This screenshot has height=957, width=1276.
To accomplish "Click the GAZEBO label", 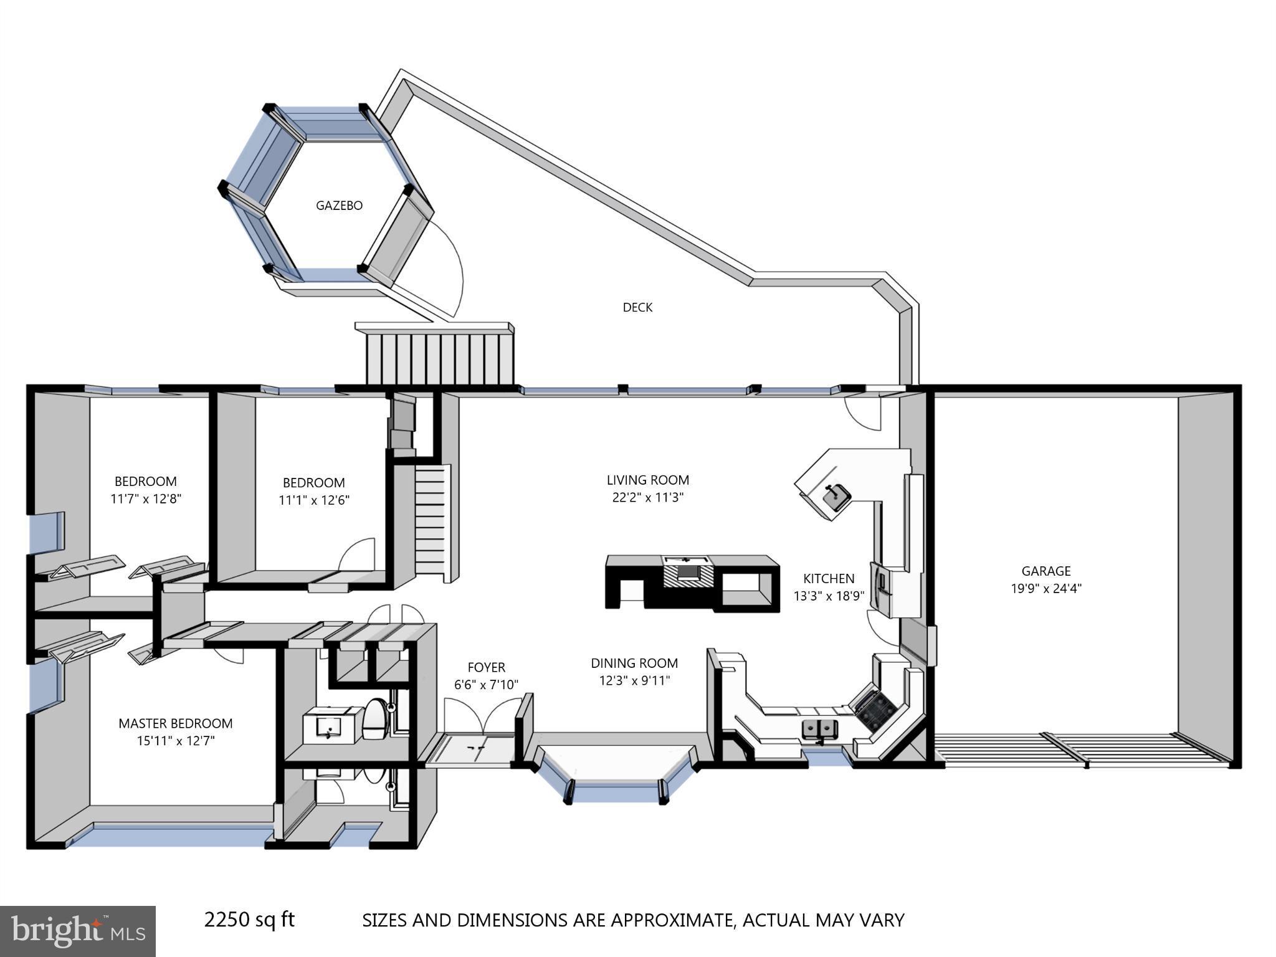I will tap(339, 206).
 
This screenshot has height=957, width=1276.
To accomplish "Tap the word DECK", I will tap(637, 307).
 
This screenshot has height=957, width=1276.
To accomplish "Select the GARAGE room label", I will tap(1045, 571).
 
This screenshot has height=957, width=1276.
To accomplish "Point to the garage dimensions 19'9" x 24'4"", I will tap(1045, 588).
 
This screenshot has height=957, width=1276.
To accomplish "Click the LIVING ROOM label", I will tap(648, 480).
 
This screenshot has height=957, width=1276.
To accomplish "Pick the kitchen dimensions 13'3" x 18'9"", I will tap(829, 596).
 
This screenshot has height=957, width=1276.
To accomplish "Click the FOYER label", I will tap(486, 667).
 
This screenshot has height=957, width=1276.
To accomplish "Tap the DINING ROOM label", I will tap(634, 663).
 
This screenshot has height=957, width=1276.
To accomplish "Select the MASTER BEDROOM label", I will tap(176, 723).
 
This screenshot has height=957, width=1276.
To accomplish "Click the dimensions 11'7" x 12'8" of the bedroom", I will tap(146, 499).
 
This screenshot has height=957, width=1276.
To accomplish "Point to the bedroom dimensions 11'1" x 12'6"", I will tap(314, 500).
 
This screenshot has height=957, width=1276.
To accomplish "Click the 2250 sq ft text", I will tap(249, 919).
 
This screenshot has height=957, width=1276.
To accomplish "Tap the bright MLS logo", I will tap(78, 931).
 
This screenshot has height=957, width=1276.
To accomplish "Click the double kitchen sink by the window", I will tap(819, 728).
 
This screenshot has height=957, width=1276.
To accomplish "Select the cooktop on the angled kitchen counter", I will tap(875, 707).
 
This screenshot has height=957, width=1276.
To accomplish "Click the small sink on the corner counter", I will tap(835, 496).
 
